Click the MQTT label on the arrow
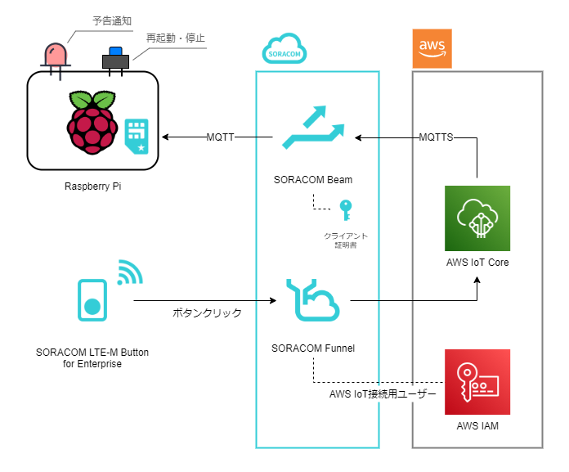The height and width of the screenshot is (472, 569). click(x=219, y=137)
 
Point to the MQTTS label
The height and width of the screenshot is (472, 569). click(x=437, y=137)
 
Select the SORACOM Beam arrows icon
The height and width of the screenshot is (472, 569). click(x=313, y=128)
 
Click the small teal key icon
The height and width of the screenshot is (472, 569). click(x=347, y=209)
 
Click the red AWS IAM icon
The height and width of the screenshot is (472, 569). click(x=477, y=382)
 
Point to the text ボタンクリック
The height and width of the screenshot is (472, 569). click(x=207, y=312)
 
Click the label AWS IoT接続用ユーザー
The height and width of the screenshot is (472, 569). click(x=383, y=394)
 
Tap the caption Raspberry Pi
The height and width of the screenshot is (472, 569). click(x=92, y=186)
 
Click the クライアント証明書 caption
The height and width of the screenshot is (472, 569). click(x=347, y=239)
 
